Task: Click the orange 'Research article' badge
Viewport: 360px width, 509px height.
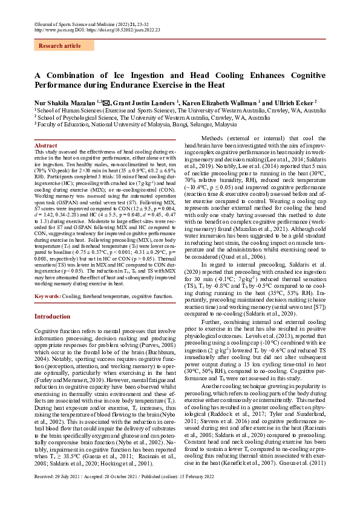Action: (x=59, y=46)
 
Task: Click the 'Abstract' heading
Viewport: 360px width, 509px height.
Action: (x=45, y=146)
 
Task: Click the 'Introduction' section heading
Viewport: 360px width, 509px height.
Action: (x=52, y=316)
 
